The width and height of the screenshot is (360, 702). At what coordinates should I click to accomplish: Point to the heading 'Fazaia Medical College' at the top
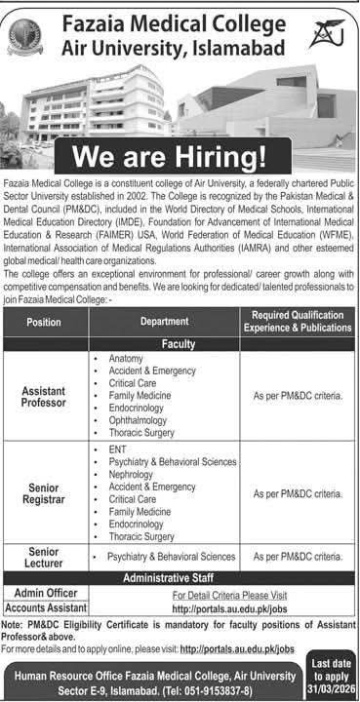pos(181,19)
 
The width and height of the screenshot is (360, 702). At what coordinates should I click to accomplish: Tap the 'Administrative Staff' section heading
pos(180,574)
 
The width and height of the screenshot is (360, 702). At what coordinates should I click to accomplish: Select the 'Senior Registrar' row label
pos(44,491)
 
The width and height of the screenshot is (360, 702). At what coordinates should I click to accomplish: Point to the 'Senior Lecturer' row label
pos(44,556)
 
